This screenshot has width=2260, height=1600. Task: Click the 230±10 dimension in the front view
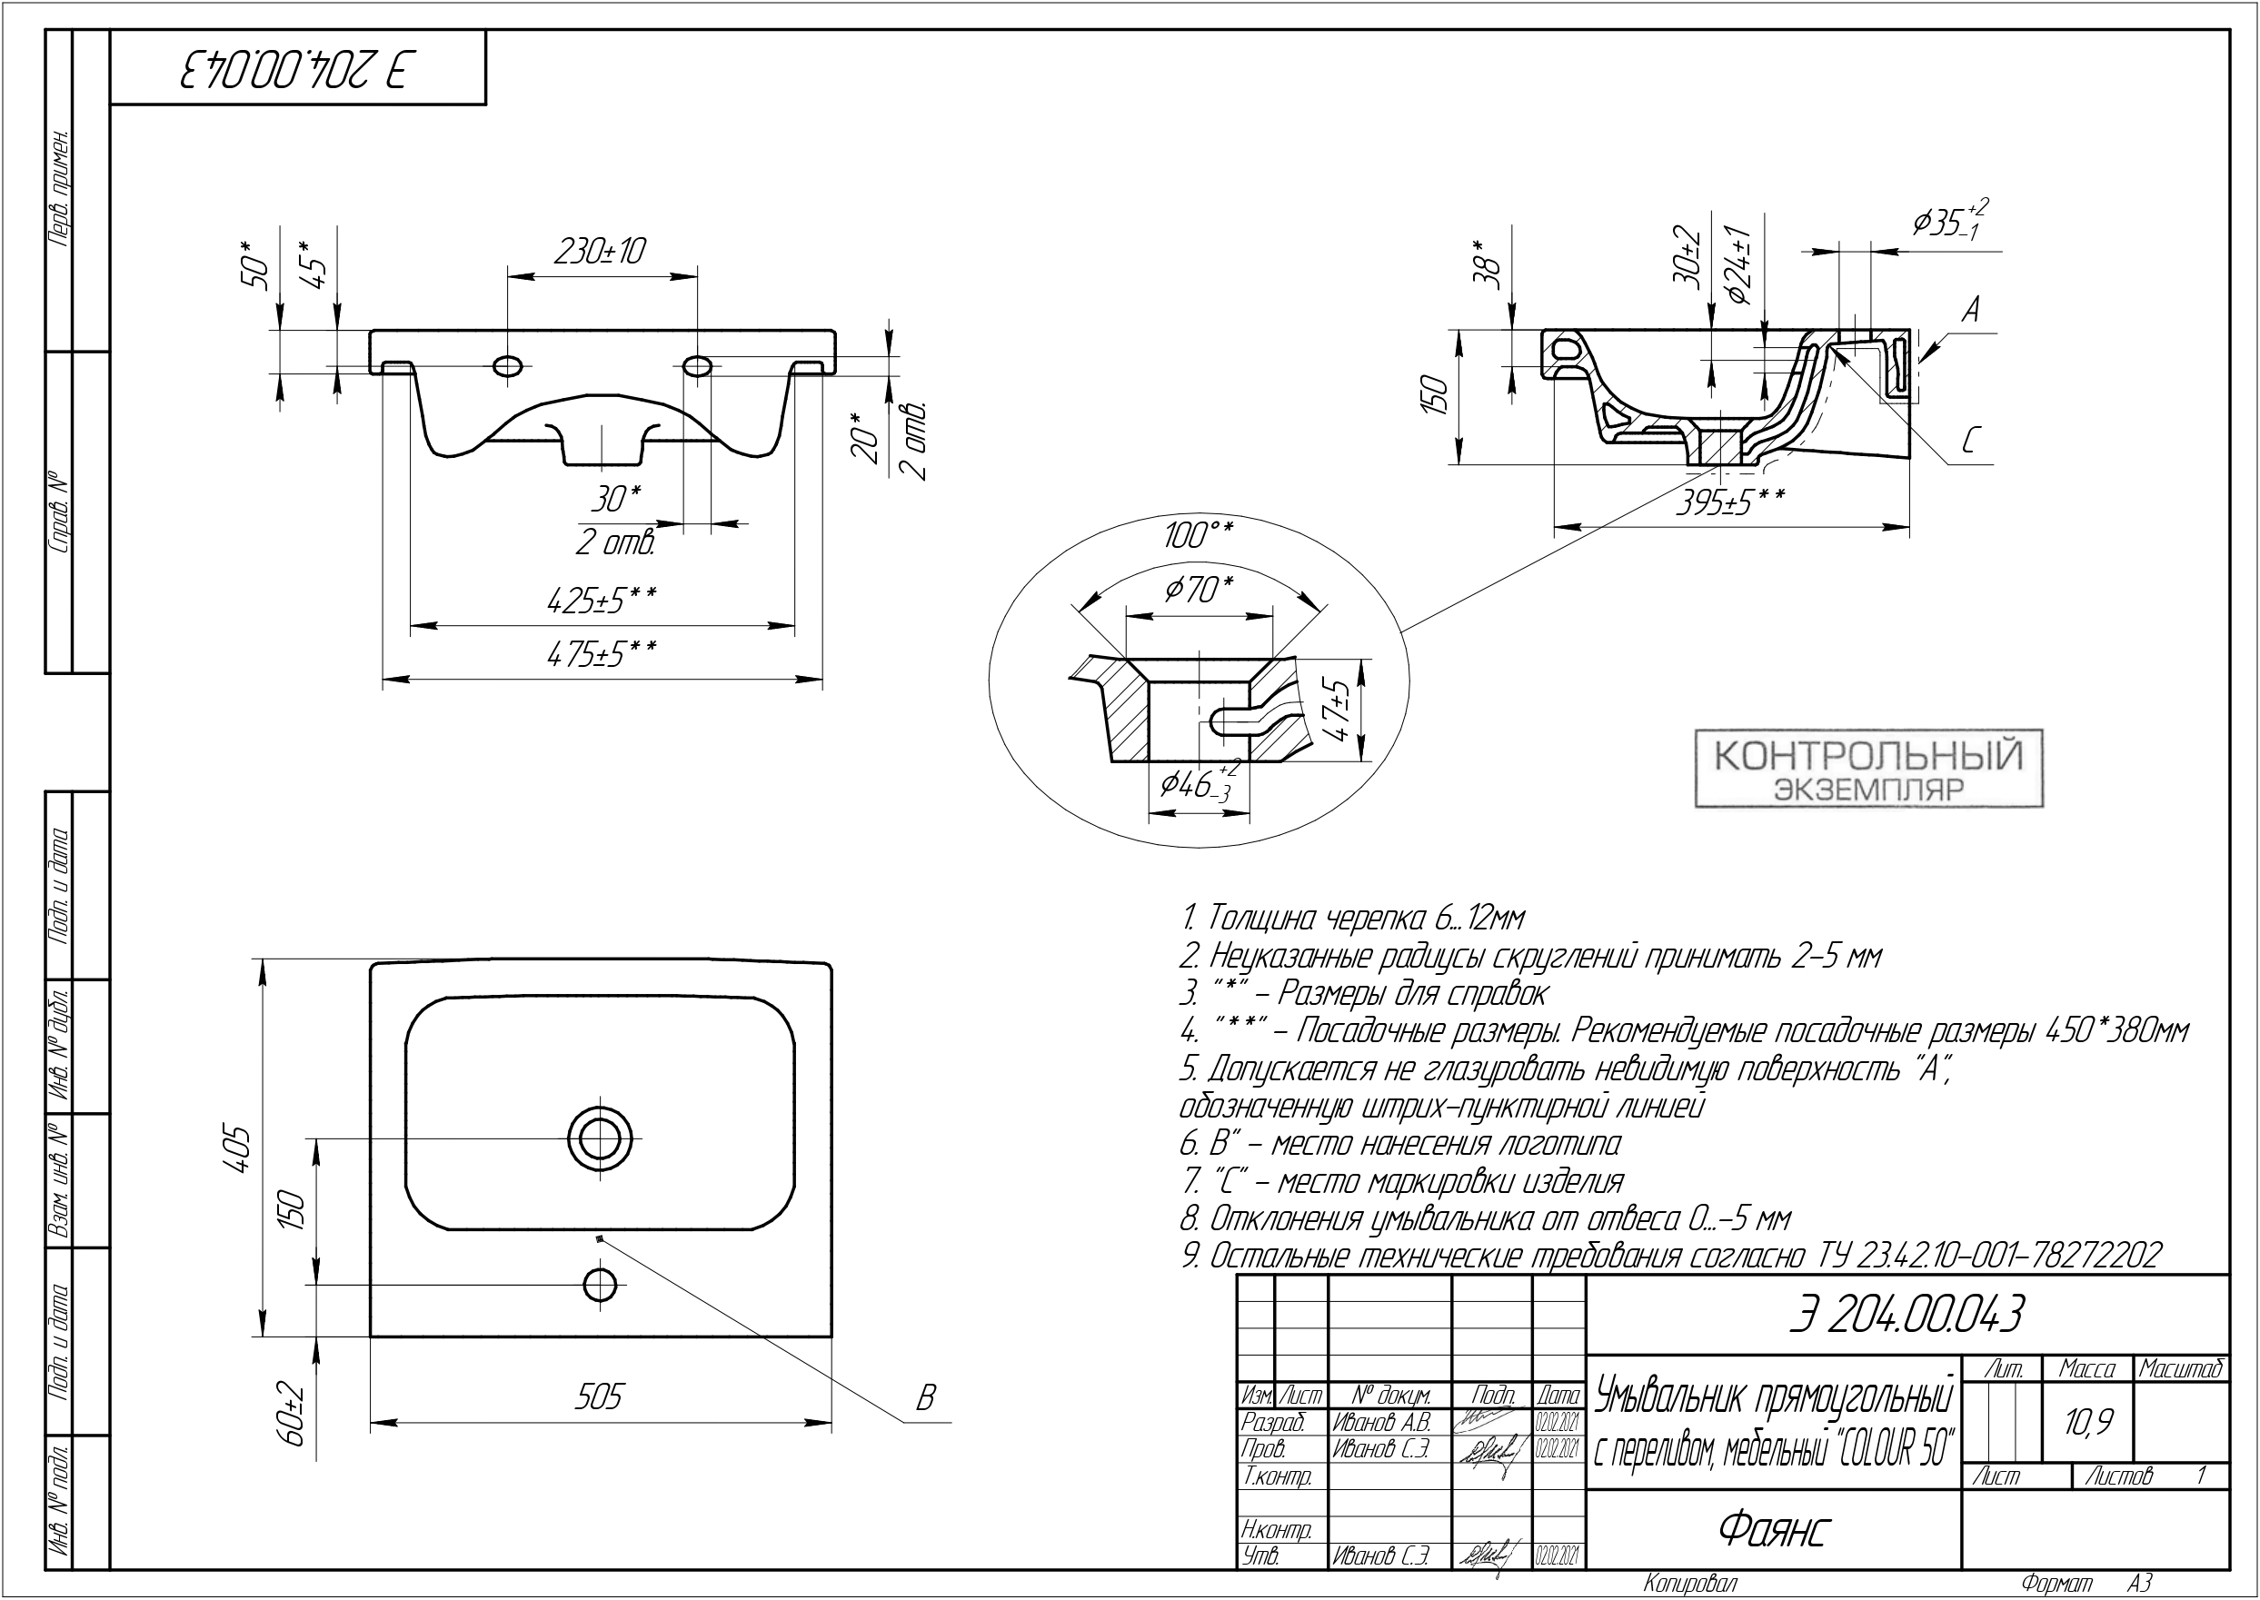click(x=600, y=252)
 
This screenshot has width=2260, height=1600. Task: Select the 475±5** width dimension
click(x=602, y=653)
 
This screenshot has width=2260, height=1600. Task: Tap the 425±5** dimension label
click(x=602, y=600)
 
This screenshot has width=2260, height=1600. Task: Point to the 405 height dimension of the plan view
click(x=239, y=1148)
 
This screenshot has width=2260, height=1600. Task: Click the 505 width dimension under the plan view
click(x=599, y=1397)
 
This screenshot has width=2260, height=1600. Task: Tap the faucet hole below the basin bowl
click(x=600, y=1285)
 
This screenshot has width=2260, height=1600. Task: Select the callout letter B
click(x=924, y=1399)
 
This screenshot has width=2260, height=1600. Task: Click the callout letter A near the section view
click(x=1969, y=312)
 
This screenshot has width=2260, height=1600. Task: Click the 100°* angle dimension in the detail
click(x=1198, y=536)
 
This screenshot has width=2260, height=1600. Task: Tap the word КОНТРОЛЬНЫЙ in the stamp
click(x=1869, y=756)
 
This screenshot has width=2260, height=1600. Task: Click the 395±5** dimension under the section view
click(x=1730, y=502)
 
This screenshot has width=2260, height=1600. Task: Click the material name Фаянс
click(x=1773, y=1529)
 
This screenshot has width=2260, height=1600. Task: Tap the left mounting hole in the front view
click(x=508, y=366)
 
